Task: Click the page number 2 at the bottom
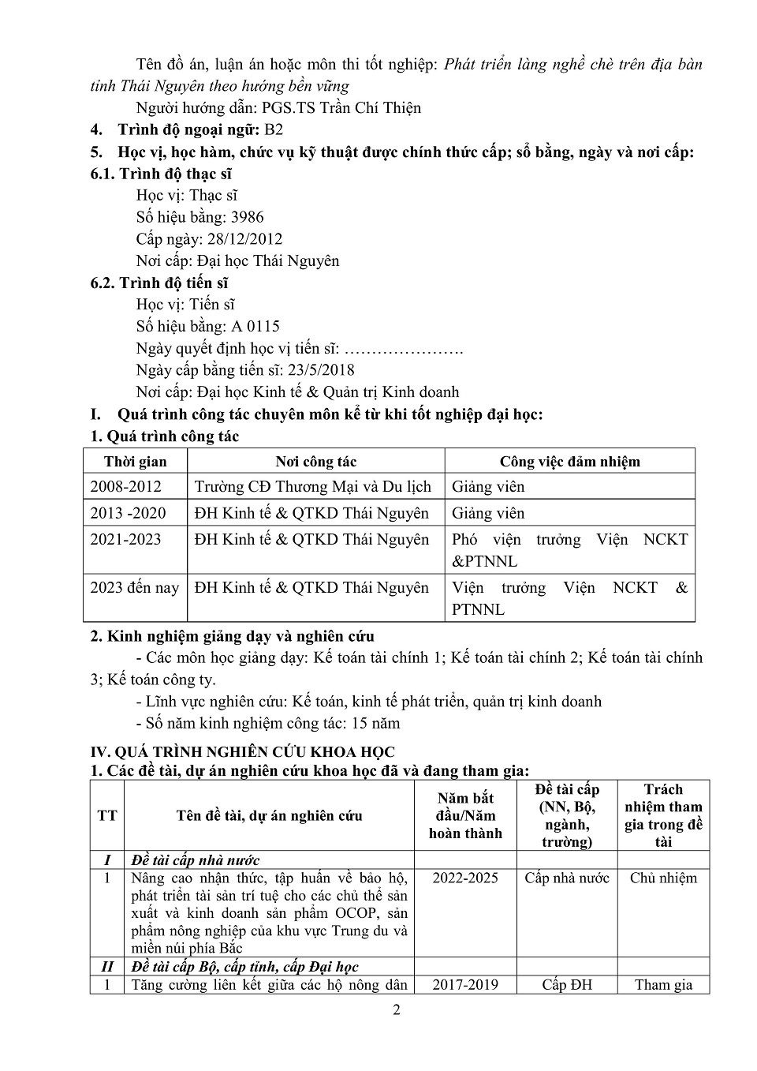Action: tap(397, 1010)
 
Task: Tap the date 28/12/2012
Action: tap(244, 239)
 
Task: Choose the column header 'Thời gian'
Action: tap(135, 462)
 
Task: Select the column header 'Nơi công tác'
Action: tap(315, 462)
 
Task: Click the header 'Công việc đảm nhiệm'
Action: tap(569, 462)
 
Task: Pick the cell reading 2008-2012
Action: tap(125, 487)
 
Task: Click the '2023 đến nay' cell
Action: tap(135, 588)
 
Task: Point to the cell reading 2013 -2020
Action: tap(128, 513)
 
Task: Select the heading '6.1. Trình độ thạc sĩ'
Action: tap(161, 174)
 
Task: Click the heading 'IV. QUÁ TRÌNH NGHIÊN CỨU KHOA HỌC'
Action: tap(243, 752)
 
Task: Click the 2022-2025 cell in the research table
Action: tap(465, 878)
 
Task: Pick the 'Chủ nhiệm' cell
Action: tap(663, 878)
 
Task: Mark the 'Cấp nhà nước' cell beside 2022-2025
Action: tap(567, 878)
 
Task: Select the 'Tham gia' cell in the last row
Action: tap(663, 985)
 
